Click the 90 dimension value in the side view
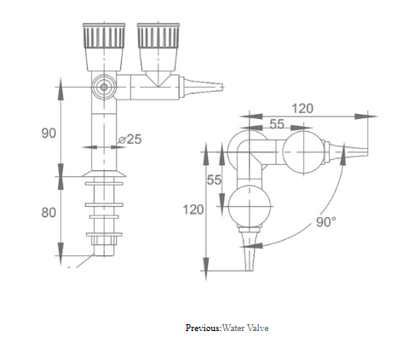pyautogui.click(x=49, y=133)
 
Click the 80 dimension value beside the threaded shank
pyautogui.click(x=49, y=213)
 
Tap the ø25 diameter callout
pyautogui.click(x=129, y=140)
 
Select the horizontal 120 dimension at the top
pyautogui.click(x=302, y=108)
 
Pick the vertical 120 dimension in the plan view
pyautogui.click(x=193, y=209)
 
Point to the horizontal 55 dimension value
pyautogui.click(x=277, y=124)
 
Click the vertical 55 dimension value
pyautogui.click(x=214, y=180)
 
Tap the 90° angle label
pyautogui.click(x=326, y=222)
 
